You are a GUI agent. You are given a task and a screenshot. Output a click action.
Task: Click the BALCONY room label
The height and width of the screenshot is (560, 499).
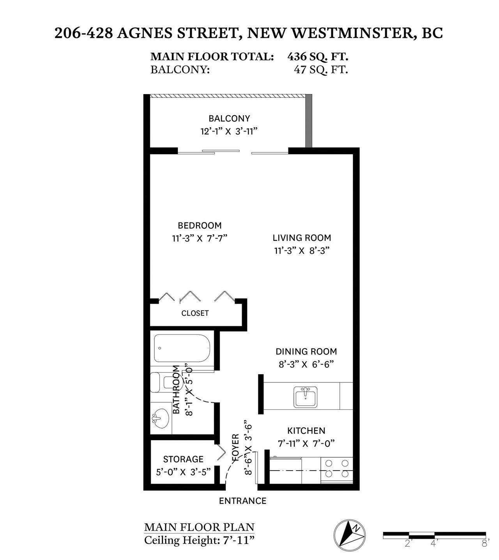pyautogui.click(x=229, y=118)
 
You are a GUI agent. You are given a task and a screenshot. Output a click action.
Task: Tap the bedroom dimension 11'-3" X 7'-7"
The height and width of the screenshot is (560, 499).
pyautogui.click(x=199, y=238)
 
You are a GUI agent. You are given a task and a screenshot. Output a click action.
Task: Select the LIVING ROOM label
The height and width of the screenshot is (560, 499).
pyautogui.click(x=302, y=238)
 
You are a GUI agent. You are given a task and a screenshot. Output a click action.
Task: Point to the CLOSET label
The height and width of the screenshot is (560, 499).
pyautogui.click(x=195, y=313)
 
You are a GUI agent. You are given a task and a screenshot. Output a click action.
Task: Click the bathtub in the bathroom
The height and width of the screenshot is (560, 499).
pyautogui.click(x=182, y=348)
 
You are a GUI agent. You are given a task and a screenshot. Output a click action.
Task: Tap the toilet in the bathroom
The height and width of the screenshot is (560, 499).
pyautogui.click(x=166, y=382)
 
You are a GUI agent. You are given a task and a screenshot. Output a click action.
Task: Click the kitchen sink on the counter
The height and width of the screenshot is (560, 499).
pyautogui.click(x=305, y=397)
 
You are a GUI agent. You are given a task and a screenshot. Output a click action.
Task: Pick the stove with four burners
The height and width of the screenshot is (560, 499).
pyautogui.click(x=336, y=470)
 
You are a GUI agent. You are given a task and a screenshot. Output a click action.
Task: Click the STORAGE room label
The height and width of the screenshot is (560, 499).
pyautogui.click(x=183, y=459)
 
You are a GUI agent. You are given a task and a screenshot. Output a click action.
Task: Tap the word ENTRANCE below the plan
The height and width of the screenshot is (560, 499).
pyautogui.click(x=242, y=501)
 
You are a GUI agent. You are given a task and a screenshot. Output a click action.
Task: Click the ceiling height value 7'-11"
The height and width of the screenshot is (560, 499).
pyautogui.click(x=238, y=540)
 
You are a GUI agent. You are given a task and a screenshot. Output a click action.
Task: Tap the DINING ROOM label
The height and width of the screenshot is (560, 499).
pyautogui.click(x=306, y=351)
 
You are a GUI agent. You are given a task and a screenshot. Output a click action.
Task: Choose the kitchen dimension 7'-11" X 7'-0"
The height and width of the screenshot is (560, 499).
pyautogui.click(x=306, y=443)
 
